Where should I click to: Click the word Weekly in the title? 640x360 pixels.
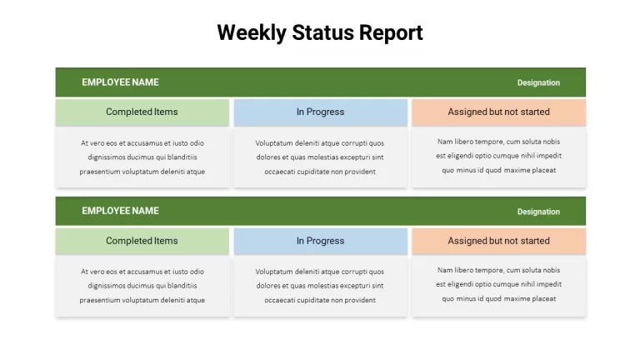252,32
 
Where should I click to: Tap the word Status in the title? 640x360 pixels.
322,32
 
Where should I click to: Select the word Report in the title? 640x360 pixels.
391,33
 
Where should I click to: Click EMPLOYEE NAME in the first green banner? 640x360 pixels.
120,82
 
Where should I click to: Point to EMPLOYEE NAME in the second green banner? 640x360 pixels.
120,211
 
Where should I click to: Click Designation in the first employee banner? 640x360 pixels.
538,82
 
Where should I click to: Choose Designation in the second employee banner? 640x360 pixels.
538,212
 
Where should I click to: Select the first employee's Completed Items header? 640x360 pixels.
142,112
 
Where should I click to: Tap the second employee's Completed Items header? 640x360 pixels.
142,241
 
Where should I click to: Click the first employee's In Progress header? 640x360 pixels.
320,112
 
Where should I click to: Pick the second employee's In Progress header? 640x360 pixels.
320,241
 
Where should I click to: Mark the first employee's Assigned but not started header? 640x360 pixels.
499,112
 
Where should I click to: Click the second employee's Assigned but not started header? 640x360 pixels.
499,241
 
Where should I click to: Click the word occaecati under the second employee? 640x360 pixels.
280,300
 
